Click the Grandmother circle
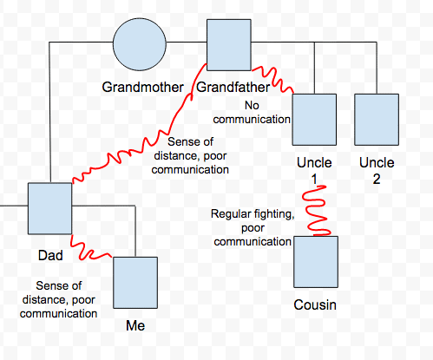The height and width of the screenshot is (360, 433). pos(139,43)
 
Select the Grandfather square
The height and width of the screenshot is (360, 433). pos(228,43)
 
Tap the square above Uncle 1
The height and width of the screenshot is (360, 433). pos(314,121)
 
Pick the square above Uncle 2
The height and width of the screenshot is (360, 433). pos(376,121)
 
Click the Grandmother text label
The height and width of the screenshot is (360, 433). pos(142,88)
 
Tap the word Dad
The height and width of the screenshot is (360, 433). pos(50,257)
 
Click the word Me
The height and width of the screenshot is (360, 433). pos(134,326)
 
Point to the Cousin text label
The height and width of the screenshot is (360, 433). pos(315,305)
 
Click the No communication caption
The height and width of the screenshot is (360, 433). pos(253,112)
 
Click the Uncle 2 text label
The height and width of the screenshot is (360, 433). pos(377,171)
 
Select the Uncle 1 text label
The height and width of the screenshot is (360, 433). pos(314,171)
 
